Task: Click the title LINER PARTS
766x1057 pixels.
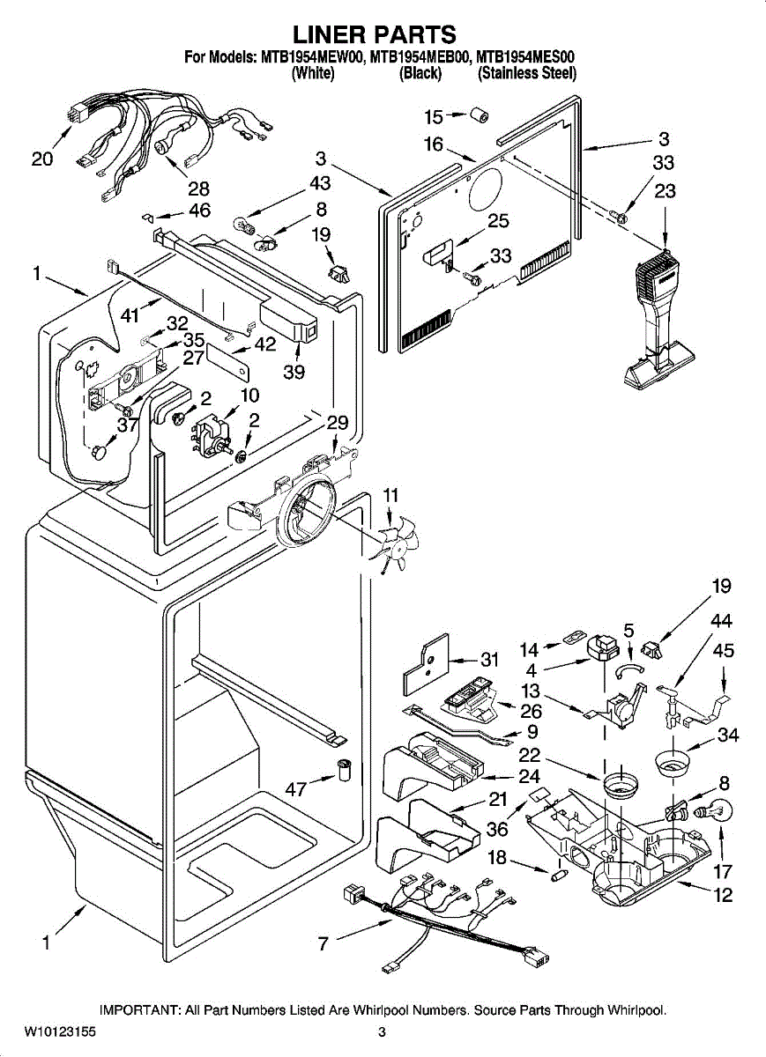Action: click(374, 33)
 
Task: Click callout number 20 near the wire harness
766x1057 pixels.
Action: click(41, 159)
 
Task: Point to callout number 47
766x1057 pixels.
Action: click(296, 789)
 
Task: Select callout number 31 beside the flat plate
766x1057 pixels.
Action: click(489, 659)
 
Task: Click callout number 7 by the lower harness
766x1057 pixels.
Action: click(324, 944)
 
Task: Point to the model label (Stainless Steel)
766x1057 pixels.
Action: click(526, 74)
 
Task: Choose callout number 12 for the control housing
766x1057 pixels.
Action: click(723, 898)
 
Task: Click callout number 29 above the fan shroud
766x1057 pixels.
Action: click(338, 422)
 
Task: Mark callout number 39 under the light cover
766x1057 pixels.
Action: click(294, 372)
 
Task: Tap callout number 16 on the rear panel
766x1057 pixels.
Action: click(434, 145)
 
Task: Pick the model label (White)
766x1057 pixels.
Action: click(312, 74)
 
